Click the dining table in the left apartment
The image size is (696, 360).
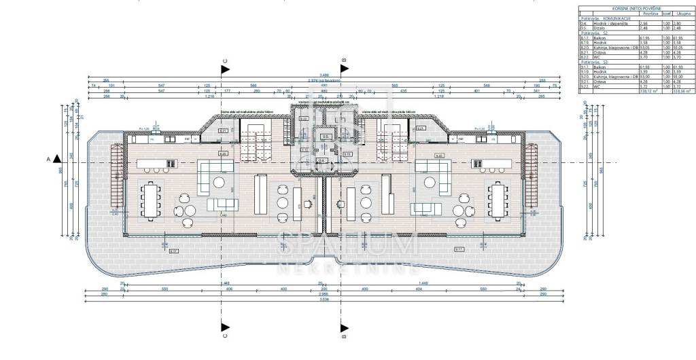pyautogui.click(x=150, y=200)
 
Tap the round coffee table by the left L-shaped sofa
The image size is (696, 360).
pyautogui.click(x=220, y=182)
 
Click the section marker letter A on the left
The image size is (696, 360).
pyautogui.click(x=48, y=159)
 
